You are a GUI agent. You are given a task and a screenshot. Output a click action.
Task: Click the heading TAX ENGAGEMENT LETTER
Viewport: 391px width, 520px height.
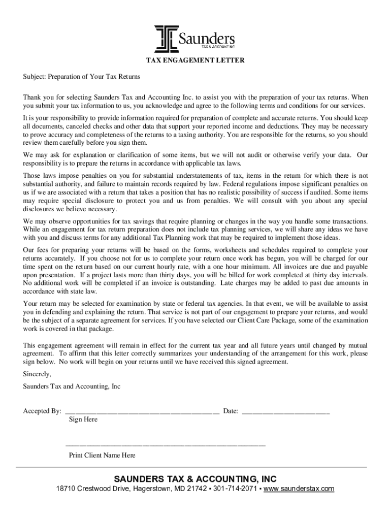click(x=195, y=60)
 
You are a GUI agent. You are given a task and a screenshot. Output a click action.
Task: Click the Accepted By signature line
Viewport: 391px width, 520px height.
click(x=142, y=411)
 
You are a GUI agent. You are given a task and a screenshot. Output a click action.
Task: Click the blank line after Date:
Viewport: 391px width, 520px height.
click(x=285, y=411)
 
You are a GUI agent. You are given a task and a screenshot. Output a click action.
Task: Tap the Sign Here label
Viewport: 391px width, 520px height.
click(x=83, y=419)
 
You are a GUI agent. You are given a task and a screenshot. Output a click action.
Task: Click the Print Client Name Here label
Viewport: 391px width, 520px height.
click(x=102, y=456)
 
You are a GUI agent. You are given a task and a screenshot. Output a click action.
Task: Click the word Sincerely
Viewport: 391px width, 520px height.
click(x=37, y=374)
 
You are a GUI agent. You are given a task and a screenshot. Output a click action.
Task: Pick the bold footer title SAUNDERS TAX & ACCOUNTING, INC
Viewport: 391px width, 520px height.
click(x=195, y=479)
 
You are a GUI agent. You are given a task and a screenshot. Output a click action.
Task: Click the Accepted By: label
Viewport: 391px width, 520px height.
click(x=43, y=411)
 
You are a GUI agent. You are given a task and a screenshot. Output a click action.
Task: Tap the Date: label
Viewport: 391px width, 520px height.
click(x=231, y=411)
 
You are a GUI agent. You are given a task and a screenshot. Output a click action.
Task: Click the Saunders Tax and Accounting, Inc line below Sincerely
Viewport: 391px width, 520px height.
click(x=72, y=386)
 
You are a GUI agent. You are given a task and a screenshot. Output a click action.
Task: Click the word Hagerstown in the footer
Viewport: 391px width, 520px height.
click(x=152, y=489)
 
